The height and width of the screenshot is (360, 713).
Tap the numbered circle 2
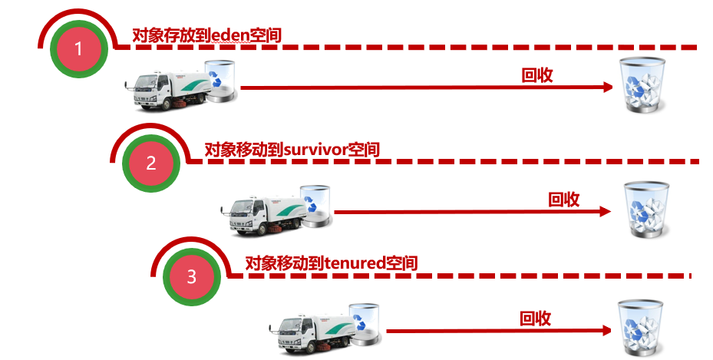(x=150, y=163)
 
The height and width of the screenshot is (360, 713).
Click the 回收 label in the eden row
(x=537, y=75)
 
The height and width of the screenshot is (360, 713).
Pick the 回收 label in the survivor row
(x=563, y=200)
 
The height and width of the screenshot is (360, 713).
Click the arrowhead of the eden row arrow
(x=606, y=88)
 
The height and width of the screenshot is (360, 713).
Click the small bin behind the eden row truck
(x=223, y=81)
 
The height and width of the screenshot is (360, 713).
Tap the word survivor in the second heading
(x=315, y=150)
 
